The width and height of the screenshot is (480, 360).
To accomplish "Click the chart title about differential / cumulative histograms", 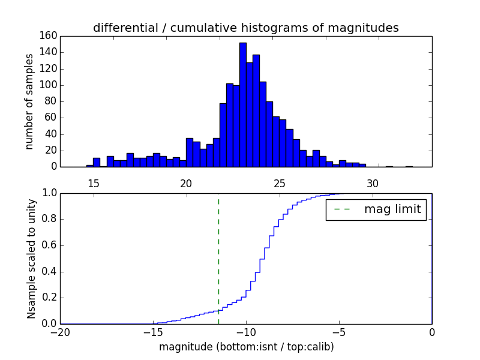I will tap(245, 28).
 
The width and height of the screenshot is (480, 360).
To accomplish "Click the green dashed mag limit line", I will tap(218, 258).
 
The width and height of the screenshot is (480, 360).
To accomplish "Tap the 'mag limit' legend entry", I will tap(376, 209).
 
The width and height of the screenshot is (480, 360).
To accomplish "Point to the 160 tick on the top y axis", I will tap(49, 35).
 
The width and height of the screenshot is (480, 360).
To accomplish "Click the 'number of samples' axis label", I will tap(29, 101).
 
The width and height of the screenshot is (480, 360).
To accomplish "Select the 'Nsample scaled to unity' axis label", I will tap(31, 258).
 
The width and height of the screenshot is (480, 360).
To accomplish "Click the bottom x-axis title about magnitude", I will tap(246, 346).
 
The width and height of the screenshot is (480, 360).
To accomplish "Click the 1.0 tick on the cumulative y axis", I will tap(49, 193).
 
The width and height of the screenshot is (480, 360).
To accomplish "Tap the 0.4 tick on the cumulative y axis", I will tap(49, 271).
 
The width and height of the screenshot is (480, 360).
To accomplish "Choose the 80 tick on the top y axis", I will tap(51, 101).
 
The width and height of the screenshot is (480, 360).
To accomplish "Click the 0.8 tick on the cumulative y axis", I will tap(49, 219).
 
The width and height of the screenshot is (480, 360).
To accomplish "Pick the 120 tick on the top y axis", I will tap(49, 68).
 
